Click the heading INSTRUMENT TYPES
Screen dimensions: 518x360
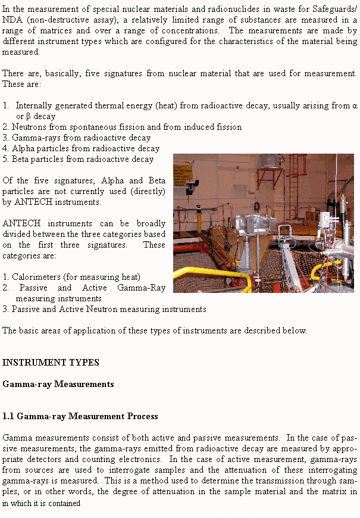pos(51,362)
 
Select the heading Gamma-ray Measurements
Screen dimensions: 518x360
pos(58,384)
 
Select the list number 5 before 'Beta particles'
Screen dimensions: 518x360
pos(5,159)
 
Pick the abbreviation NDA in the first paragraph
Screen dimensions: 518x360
pos(12,20)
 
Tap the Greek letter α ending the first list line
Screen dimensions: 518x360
pos(354,105)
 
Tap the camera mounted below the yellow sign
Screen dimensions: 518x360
pos(190,187)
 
